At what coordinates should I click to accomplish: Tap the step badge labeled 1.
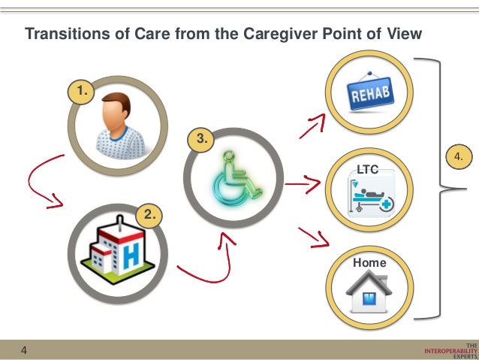[80, 92]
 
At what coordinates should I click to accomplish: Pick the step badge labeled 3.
[200, 139]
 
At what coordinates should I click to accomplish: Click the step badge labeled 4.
[459, 156]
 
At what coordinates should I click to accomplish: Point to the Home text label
[370, 263]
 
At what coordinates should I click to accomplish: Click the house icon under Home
[370, 292]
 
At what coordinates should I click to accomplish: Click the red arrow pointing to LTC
[304, 183]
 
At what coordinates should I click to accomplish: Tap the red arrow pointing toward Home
[315, 237]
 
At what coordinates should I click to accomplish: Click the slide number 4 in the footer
[24, 350]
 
